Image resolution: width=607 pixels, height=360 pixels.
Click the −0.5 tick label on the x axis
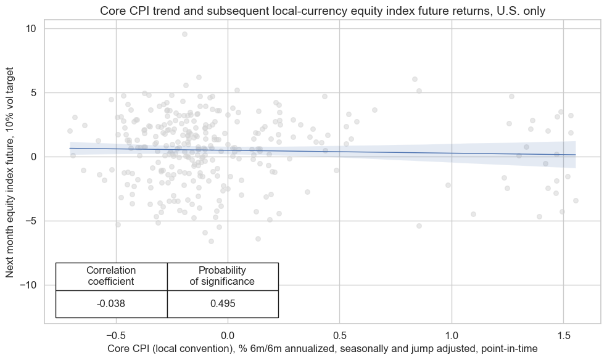[116, 333]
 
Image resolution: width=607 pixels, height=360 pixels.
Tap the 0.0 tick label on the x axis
[228, 333]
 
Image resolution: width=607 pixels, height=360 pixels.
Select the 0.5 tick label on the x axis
[339, 333]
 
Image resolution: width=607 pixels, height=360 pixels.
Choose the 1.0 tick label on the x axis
[452, 333]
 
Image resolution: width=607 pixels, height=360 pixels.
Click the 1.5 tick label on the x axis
[563, 333]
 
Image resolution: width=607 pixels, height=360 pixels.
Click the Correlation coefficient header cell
[111, 276]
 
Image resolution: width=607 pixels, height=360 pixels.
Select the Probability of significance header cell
[222, 276]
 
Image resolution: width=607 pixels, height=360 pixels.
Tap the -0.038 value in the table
[111, 303]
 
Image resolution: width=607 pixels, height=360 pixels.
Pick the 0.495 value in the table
[222, 303]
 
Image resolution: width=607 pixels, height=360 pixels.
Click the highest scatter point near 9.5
[184, 34]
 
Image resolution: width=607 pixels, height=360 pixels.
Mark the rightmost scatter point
[576, 200]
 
